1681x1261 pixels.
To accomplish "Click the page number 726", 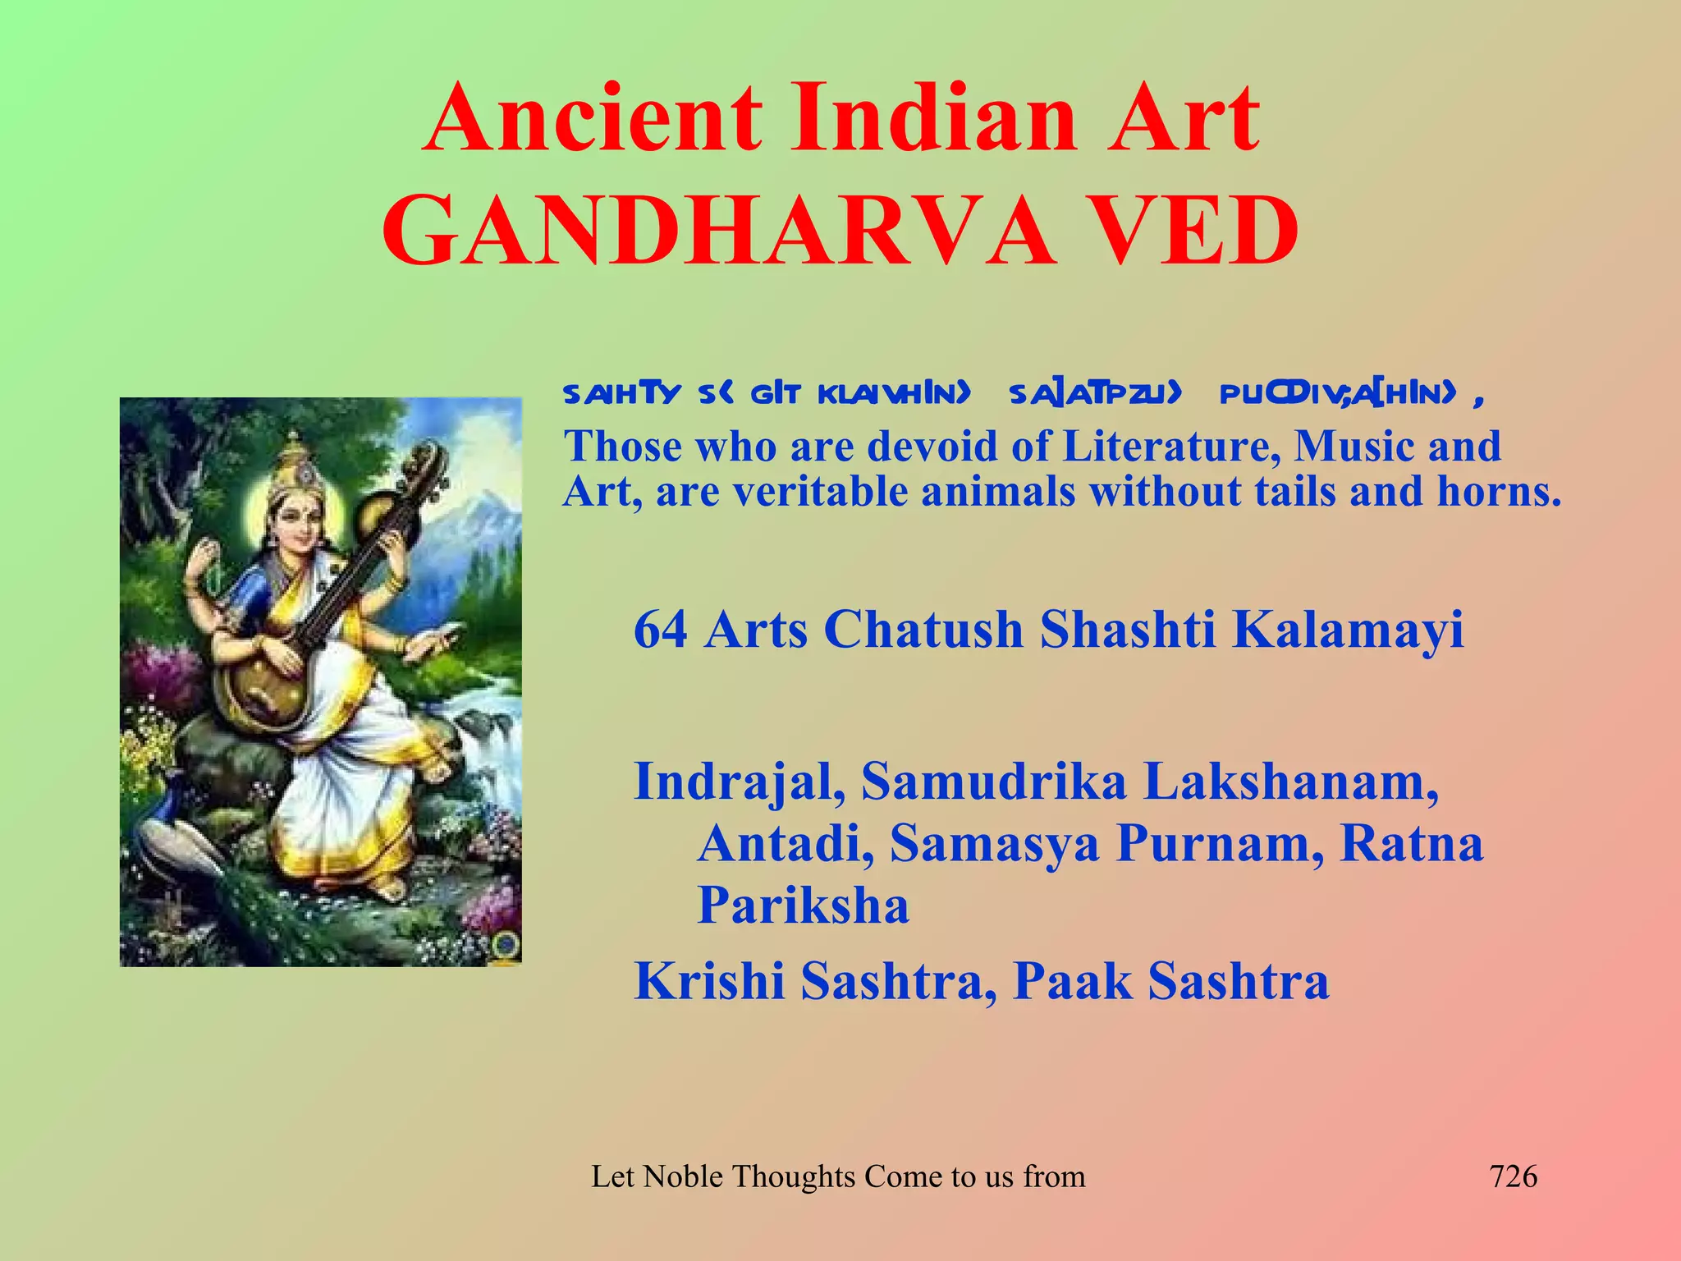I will click(1513, 1176).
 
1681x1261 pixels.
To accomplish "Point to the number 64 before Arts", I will click(661, 630).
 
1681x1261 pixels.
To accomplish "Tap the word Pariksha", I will click(803, 906).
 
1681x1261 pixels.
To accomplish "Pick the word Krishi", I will click(709, 982).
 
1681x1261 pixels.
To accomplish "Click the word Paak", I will click(1072, 981).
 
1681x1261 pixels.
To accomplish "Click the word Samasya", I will click(994, 844).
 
